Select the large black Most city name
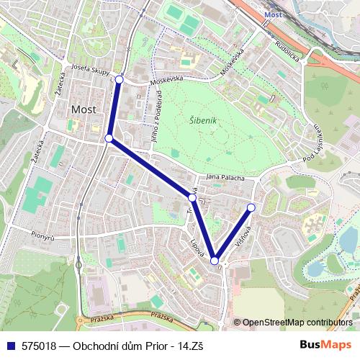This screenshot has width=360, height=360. click(82, 109)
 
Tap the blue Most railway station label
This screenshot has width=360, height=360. click(272, 14)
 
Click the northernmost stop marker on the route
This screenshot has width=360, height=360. click(119, 79)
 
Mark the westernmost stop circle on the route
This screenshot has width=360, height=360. click(109, 138)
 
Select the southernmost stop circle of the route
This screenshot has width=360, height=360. click(215, 261)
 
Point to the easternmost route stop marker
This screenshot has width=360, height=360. click(251, 207)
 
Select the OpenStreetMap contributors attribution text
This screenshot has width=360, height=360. click(297, 323)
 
